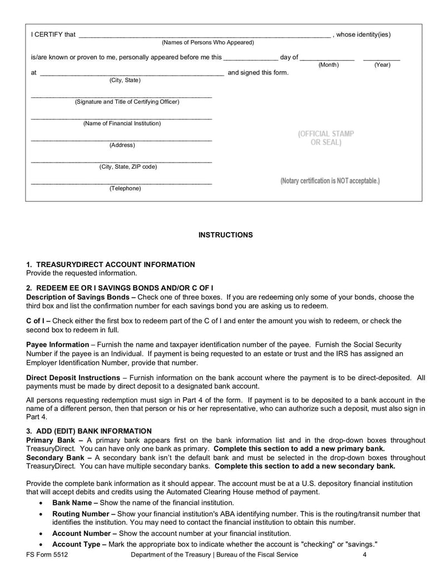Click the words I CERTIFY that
[53, 35]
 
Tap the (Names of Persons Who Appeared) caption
[207, 42]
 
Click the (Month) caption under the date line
[328, 65]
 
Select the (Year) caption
[382, 65]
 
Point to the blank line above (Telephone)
[121, 183]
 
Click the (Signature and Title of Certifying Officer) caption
[127, 102]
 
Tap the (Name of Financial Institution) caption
[122, 124]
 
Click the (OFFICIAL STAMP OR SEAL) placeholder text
[326, 138]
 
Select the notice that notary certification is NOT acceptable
[330, 181]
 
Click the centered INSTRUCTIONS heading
[225, 235]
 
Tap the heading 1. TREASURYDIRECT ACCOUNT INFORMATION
[111, 265]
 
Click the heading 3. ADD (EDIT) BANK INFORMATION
[89, 431]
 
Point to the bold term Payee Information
[57, 345]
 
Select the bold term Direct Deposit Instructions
[73, 378]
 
